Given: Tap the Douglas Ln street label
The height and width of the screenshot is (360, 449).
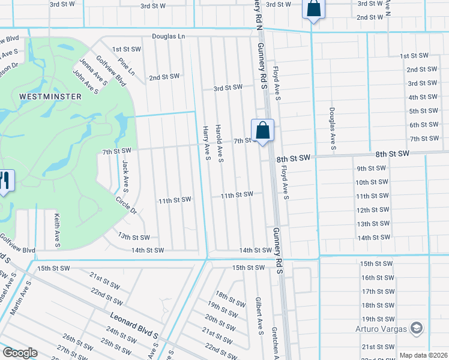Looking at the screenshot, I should point(168,36).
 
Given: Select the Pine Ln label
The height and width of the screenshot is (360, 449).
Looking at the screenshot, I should point(127,67).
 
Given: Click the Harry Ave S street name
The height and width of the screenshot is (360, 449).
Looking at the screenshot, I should point(206,143).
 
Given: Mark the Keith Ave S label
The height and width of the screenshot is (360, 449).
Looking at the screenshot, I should point(57,230).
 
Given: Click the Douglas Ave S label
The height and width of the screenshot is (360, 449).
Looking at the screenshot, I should point(331,129).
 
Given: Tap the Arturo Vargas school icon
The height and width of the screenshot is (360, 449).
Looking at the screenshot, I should point(417,328).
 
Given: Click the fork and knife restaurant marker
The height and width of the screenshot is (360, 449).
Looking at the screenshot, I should point(5,181).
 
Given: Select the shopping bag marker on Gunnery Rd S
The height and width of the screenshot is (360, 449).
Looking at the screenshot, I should point(262,130).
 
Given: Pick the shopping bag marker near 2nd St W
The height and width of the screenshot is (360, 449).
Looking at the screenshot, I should point(313,8).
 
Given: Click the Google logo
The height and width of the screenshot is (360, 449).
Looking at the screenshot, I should point(20,353).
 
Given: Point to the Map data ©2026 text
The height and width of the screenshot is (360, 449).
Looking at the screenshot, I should point(423,355).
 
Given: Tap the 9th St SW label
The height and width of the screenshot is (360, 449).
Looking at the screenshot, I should point(370,169).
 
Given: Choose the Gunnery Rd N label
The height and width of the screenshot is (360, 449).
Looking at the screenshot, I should point(258,13).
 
